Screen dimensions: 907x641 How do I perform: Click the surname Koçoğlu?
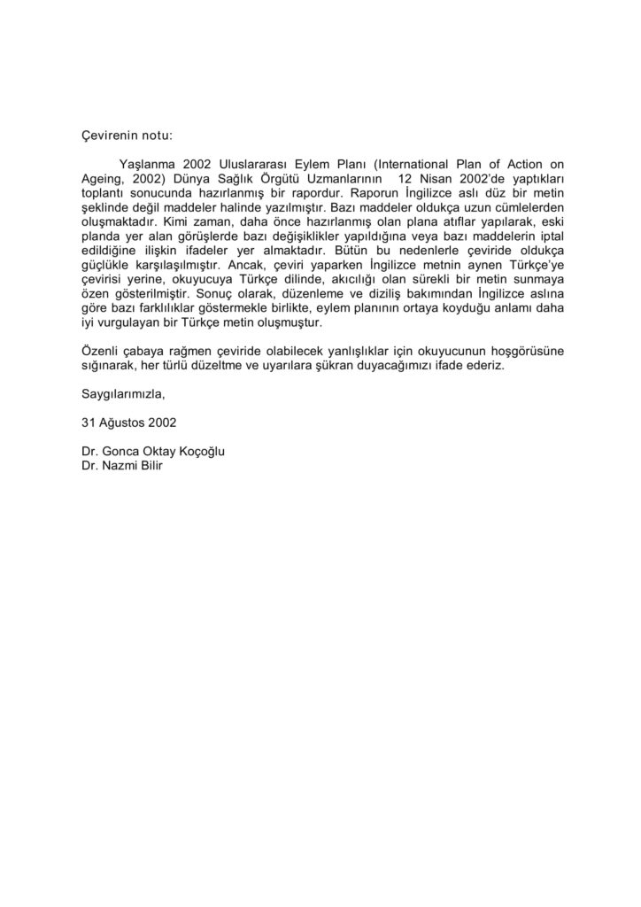pyautogui.click(x=199, y=451)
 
